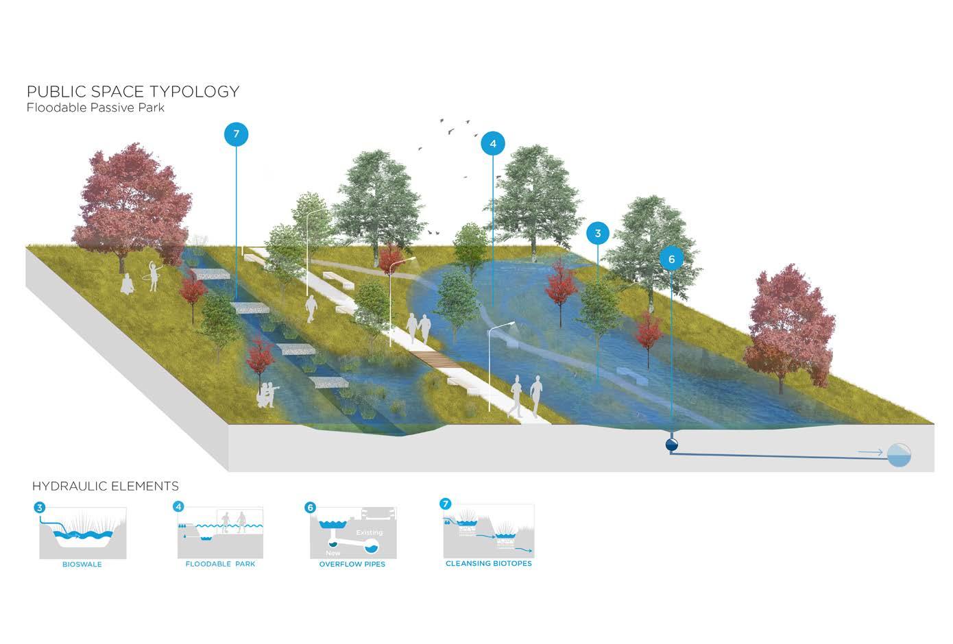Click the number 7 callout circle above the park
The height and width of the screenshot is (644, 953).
click(x=236, y=134)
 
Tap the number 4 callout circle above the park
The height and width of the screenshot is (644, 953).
click(x=492, y=144)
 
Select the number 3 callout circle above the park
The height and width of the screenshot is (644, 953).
click(x=598, y=234)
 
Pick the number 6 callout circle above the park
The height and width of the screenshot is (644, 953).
click(x=671, y=259)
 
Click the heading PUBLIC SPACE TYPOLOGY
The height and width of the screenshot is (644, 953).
click(x=133, y=91)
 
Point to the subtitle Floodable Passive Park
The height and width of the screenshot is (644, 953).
click(x=95, y=108)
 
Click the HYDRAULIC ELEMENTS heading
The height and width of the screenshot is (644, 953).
click(x=106, y=486)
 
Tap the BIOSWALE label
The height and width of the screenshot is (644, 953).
click(x=82, y=565)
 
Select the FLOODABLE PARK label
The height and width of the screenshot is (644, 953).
click(x=220, y=565)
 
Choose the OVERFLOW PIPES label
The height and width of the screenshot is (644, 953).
click(x=352, y=565)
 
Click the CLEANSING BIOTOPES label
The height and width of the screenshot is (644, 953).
click(x=488, y=564)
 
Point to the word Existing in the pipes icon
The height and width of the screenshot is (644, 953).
click(x=370, y=532)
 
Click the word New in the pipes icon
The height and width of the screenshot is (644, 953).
click(x=333, y=553)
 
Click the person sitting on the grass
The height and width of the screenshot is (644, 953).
click(x=127, y=284)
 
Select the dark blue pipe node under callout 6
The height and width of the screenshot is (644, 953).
click(x=672, y=445)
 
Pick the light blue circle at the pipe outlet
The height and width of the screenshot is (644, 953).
click(x=899, y=454)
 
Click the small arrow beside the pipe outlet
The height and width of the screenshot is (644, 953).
click(x=869, y=453)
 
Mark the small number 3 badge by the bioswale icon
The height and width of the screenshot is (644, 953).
click(x=40, y=508)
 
